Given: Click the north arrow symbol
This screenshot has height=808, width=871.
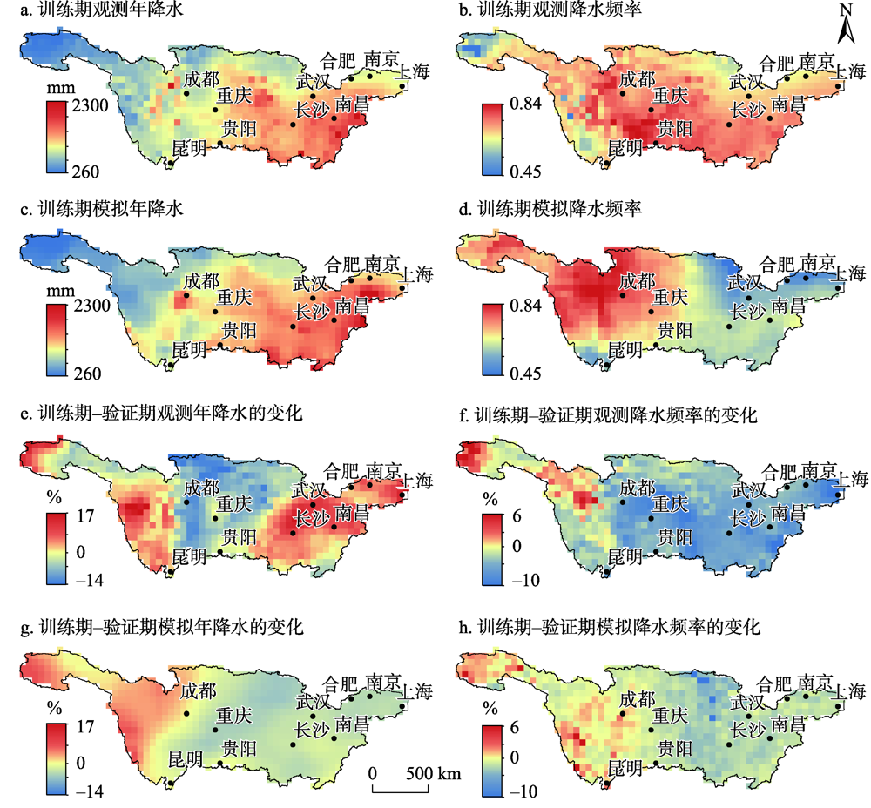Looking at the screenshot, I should (846, 26).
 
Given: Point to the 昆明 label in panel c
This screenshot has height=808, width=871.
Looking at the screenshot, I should (190, 350).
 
